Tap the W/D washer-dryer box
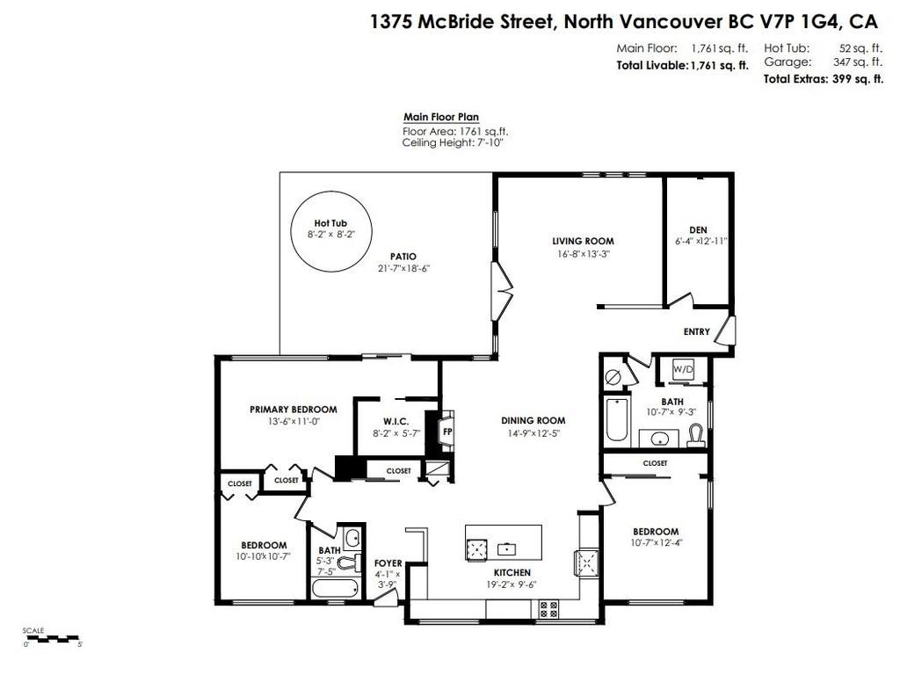[683, 370]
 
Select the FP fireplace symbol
[446, 432]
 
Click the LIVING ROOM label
[583, 241]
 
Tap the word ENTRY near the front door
[696, 332]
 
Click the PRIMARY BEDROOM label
[294, 410]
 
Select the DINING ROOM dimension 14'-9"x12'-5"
[533, 432]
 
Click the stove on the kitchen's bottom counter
[548, 606]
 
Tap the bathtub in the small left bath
[334, 589]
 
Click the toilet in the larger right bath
[695, 435]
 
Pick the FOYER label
[388, 562]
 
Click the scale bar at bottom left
[53, 636]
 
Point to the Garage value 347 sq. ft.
[858, 62]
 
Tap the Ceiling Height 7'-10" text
[453, 142]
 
